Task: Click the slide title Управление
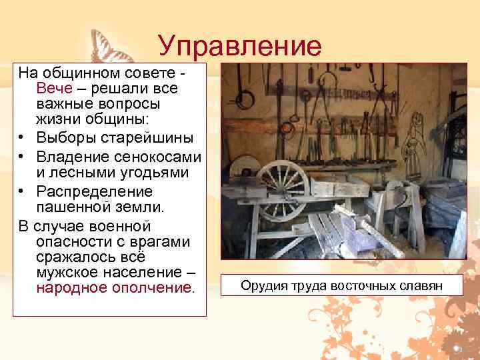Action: (x=240, y=46)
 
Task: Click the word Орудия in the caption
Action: (x=262, y=287)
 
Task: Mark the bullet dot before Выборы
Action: (x=23, y=139)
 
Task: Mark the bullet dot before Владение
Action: (x=23, y=157)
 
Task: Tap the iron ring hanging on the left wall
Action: (x=245, y=100)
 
